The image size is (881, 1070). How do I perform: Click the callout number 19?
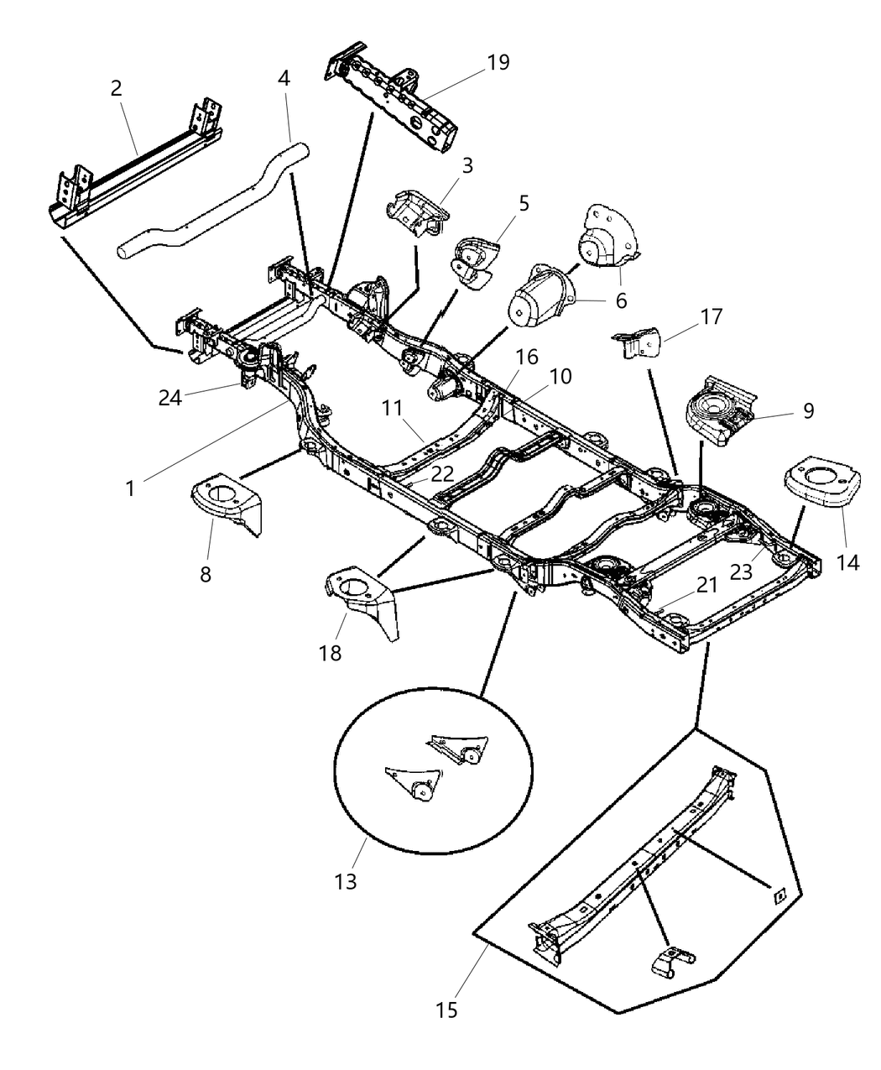(498, 63)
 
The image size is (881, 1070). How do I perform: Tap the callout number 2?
(117, 89)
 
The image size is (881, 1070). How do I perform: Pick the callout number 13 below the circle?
(345, 880)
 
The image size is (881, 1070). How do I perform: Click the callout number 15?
(446, 1010)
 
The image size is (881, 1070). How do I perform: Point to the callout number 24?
(171, 398)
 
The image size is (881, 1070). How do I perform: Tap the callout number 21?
(706, 585)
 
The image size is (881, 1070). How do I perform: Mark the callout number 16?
(528, 358)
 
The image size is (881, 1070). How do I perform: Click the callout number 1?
(130, 488)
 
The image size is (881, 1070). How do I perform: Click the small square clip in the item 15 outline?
(778, 895)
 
